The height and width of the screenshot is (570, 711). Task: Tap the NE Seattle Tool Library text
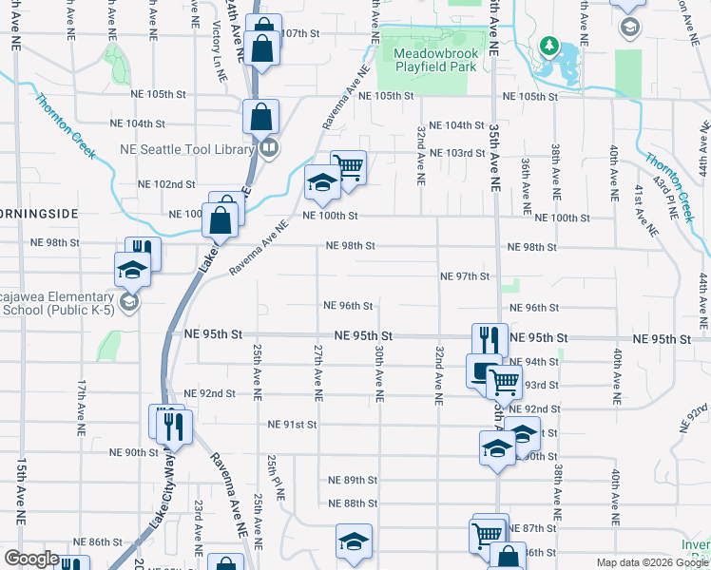[x=186, y=148]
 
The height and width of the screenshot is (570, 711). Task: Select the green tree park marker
[x=548, y=45]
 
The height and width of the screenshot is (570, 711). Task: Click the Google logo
[x=31, y=559]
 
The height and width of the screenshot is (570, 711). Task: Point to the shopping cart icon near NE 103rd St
[x=349, y=168]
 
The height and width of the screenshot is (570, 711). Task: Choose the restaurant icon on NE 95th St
[x=490, y=339]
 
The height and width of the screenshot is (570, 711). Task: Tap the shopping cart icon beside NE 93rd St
[x=504, y=383]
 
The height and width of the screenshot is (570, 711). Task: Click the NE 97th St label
[x=465, y=276]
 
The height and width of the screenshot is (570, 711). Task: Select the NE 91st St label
[x=292, y=425]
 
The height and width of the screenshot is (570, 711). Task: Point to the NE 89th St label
[x=354, y=481]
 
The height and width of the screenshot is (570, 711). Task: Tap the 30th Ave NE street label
[x=378, y=371]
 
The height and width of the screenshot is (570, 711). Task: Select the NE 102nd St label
[x=166, y=184]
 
